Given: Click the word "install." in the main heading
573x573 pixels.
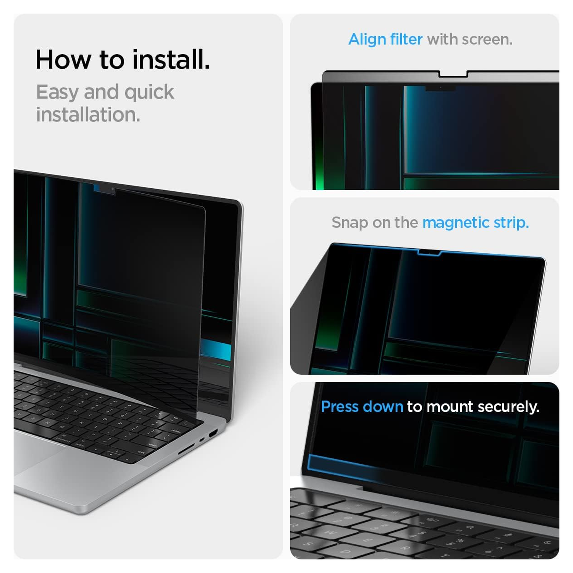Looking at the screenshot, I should click(171, 60).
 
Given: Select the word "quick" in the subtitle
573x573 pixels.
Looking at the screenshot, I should click(149, 92).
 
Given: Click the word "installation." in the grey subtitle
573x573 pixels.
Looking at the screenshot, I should click(88, 115).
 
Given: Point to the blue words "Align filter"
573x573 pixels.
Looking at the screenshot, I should click(385, 39).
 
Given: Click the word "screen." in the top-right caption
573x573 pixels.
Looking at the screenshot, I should click(487, 39).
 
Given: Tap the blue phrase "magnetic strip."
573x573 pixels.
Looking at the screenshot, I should click(475, 222).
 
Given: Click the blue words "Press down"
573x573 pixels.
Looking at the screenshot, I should click(362, 406).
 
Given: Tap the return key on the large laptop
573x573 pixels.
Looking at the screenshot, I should click(153, 445).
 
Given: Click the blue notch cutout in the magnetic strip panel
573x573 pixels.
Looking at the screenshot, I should click(429, 253).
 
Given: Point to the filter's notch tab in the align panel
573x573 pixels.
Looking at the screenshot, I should click(453, 74).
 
